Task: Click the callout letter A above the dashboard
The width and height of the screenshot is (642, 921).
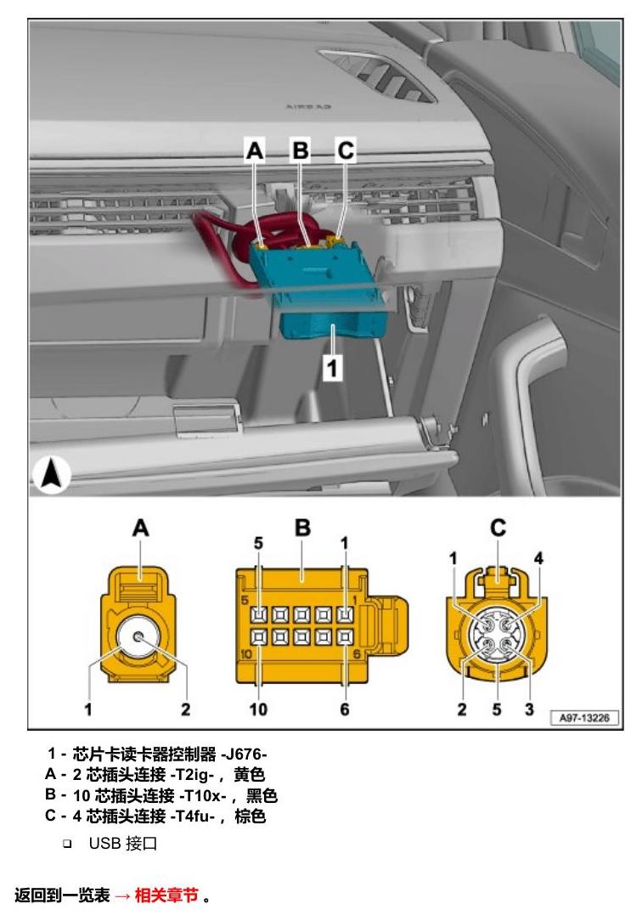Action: pyautogui.click(x=255, y=150)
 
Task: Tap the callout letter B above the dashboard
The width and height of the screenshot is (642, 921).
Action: pyautogui.click(x=300, y=150)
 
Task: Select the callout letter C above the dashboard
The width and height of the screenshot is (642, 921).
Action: pyautogui.click(x=346, y=150)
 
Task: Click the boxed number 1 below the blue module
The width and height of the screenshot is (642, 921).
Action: pyautogui.click(x=332, y=368)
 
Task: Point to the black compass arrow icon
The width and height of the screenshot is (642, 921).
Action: pyautogui.click(x=51, y=474)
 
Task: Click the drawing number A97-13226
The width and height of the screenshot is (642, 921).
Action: pyautogui.click(x=584, y=717)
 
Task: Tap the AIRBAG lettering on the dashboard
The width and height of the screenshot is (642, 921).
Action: pyautogui.click(x=308, y=107)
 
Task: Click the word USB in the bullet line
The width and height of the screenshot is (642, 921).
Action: pyautogui.click(x=104, y=843)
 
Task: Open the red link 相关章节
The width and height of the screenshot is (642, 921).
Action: pyautogui.click(x=166, y=896)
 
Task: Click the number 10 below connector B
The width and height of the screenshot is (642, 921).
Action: pyautogui.click(x=258, y=709)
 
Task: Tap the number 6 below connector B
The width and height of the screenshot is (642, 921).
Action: pyautogui.click(x=345, y=709)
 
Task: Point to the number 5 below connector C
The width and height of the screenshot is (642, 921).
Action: pyautogui.click(x=497, y=709)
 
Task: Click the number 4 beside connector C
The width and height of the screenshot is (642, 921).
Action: pyautogui.click(x=538, y=557)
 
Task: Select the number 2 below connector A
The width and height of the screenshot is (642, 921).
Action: pyautogui.click(x=185, y=709)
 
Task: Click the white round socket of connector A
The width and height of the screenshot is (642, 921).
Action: pyautogui.click(x=138, y=637)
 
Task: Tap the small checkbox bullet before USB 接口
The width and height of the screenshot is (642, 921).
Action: pyautogui.click(x=67, y=844)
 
